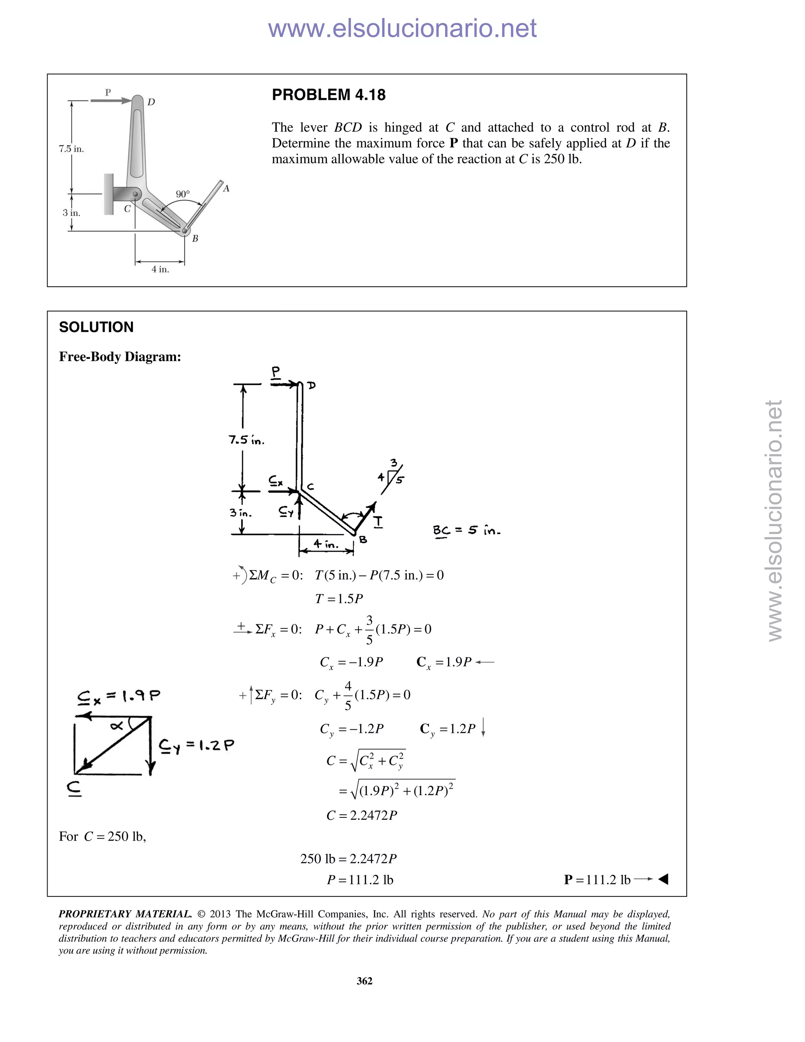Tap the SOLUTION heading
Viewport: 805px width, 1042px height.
pos(96,327)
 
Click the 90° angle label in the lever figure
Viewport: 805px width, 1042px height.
pos(183,194)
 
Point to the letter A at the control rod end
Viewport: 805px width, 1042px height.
pos(226,189)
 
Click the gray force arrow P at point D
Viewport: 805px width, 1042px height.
pos(110,100)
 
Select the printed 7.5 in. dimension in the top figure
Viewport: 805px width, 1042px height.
pos(71,149)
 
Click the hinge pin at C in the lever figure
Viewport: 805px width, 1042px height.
pos(136,194)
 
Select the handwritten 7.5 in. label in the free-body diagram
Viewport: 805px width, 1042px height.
pos(246,440)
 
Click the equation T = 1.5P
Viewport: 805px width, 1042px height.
pos(339,599)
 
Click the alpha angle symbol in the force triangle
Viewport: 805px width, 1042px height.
pos(116,726)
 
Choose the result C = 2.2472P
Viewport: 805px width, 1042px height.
pos(362,816)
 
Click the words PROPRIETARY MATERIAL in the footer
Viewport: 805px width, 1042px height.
pos(125,914)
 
